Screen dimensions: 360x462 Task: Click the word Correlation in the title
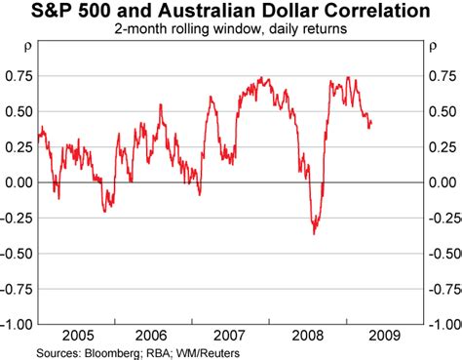point(372,14)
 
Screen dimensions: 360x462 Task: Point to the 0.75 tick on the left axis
point(17,76)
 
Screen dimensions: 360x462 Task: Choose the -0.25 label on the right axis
point(442,218)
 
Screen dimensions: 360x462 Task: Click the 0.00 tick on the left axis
point(17,182)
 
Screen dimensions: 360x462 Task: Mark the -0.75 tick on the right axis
point(442,289)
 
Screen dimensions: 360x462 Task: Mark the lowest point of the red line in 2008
point(314,233)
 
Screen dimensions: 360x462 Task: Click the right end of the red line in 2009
point(370,122)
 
